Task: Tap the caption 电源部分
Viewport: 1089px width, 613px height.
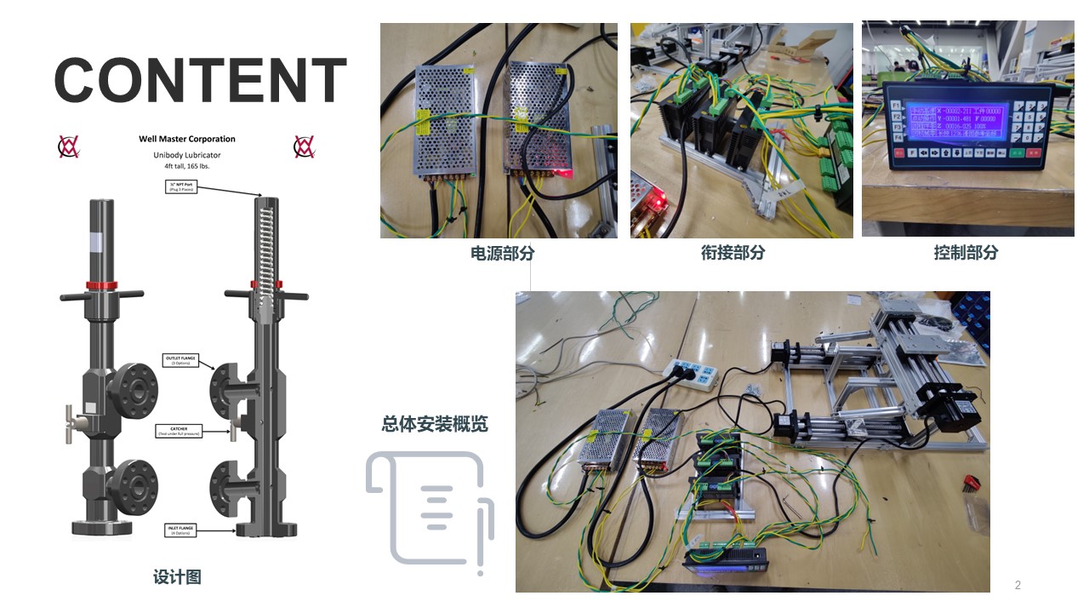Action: tap(503, 253)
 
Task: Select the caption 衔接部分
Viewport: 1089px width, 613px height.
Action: tap(733, 253)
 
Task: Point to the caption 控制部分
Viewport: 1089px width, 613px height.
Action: tap(966, 253)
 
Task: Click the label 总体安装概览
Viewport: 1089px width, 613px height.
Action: tap(435, 424)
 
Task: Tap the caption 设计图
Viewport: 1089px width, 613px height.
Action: tap(177, 577)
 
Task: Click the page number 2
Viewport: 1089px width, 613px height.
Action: tap(1018, 585)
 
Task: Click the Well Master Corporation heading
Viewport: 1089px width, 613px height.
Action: tap(187, 139)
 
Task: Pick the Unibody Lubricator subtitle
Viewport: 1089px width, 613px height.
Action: tap(187, 155)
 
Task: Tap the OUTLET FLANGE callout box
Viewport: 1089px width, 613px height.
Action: tap(179, 360)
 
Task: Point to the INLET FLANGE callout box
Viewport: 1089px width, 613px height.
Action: tap(180, 530)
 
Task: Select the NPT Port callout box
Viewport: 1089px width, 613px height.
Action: tap(180, 186)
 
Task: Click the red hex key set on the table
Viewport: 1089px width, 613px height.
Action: tap(971, 482)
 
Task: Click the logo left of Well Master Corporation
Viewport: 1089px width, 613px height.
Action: tap(69, 146)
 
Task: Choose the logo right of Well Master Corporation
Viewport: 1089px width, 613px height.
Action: tap(304, 146)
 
